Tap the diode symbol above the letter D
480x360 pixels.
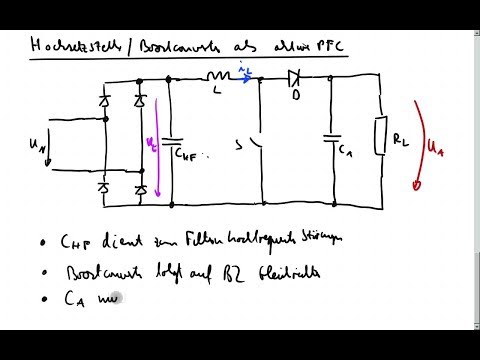point(294,75)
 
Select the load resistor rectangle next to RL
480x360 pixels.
point(381,137)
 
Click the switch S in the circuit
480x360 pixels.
point(258,147)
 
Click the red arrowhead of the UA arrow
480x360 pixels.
point(418,185)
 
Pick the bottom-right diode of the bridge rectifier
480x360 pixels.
point(140,188)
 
